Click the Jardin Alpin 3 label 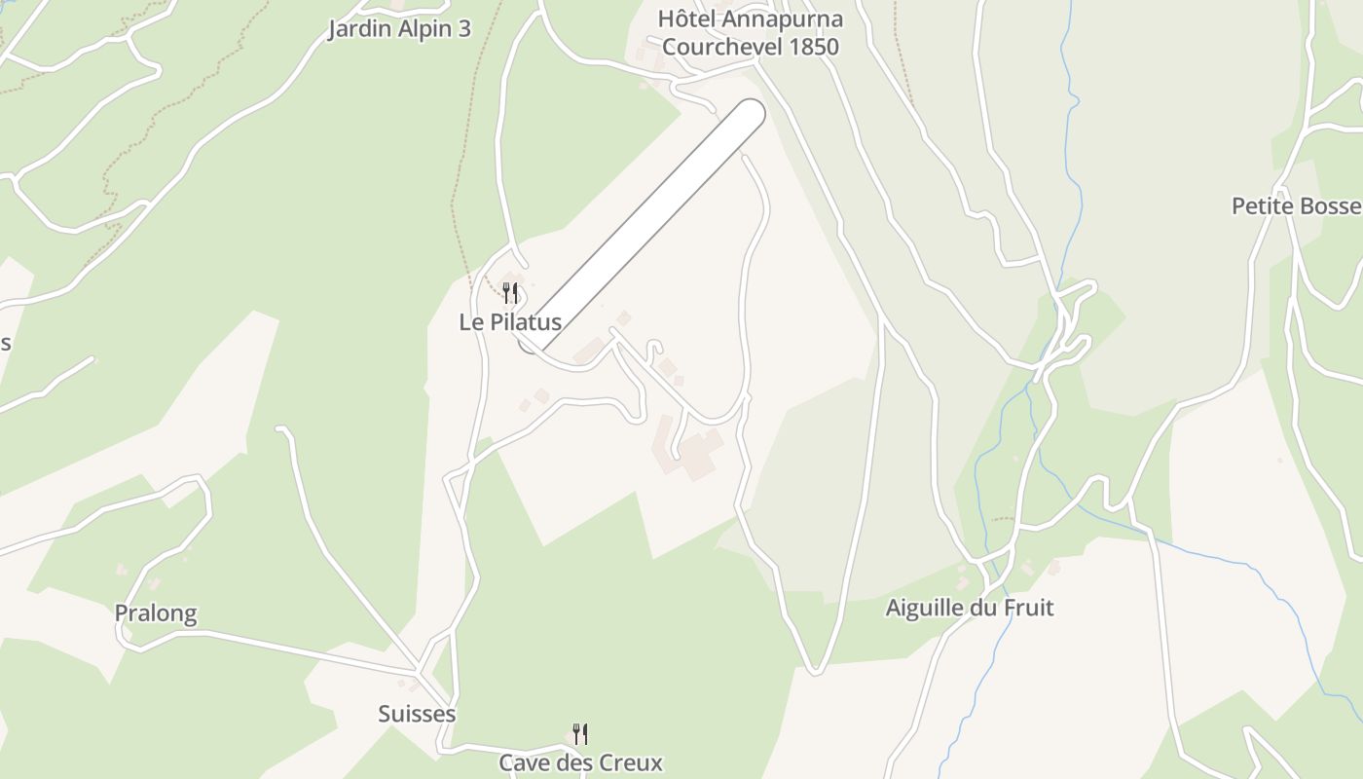click(x=399, y=29)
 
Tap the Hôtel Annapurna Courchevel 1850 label click(x=750, y=32)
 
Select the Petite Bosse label click(x=1296, y=206)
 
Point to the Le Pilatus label click(x=510, y=322)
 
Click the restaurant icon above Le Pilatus click(x=509, y=293)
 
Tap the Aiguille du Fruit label click(x=970, y=609)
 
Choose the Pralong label click(x=156, y=613)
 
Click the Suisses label click(x=417, y=714)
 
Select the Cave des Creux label click(x=580, y=762)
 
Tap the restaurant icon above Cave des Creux click(x=579, y=733)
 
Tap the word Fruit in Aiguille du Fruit click(x=1027, y=609)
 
